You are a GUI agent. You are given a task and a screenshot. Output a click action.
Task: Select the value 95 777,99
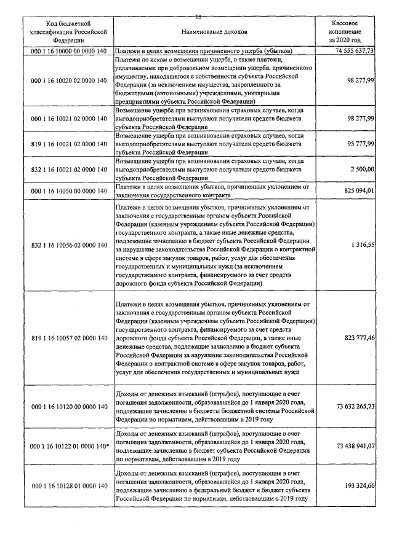coord(360,144)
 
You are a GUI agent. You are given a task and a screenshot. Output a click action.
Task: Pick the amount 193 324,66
coord(358,486)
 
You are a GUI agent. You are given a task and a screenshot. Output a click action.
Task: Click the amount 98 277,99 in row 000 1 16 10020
coord(360,80)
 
